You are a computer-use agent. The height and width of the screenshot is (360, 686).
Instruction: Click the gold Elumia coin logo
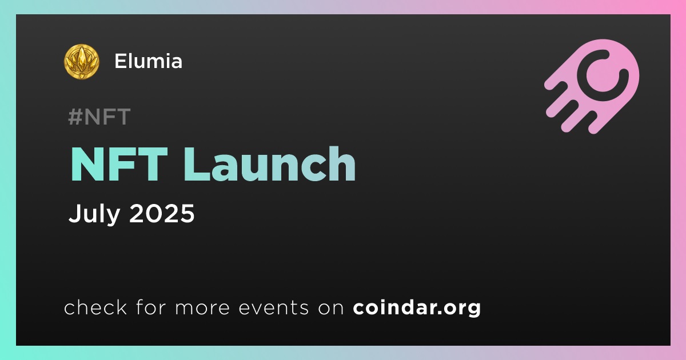(x=81, y=62)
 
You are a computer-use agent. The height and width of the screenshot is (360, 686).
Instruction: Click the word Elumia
(x=148, y=61)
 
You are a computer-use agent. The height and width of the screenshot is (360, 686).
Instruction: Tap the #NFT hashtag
(x=99, y=117)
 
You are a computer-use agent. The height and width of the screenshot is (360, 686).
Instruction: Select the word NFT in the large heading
(x=119, y=165)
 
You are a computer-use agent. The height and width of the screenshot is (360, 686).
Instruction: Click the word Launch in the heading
(x=270, y=164)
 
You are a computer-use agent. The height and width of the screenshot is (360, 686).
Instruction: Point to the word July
(x=94, y=214)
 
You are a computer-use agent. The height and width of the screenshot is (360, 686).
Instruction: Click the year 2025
(x=162, y=213)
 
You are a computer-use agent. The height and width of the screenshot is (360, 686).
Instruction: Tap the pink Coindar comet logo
(x=592, y=86)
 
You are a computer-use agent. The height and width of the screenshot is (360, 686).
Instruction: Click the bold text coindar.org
(x=417, y=308)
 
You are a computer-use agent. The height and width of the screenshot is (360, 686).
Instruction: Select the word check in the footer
(x=95, y=307)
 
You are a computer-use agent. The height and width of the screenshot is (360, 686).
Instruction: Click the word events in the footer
(x=273, y=308)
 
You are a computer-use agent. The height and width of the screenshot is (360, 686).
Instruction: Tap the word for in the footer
(x=151, y=307)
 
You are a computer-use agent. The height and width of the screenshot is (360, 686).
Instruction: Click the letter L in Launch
(x=197, y=165)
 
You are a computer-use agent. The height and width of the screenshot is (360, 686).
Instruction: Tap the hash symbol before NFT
(x=75, y=117)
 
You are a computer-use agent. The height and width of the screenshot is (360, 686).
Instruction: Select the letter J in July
(x=74, y=213)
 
